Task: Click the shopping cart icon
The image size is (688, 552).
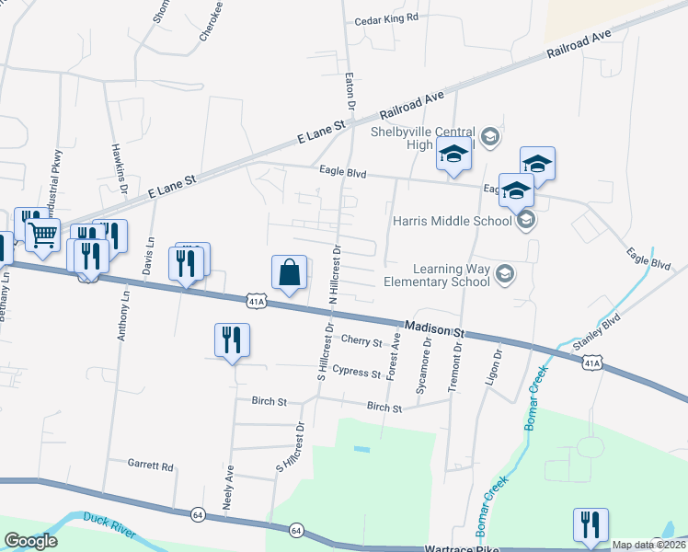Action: point(42,236)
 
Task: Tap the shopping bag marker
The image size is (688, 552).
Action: point(289,272)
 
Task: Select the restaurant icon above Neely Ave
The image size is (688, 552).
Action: point(232,339)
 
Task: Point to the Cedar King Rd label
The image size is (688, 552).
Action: point(387,17)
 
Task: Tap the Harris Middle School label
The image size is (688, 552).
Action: point(452,221)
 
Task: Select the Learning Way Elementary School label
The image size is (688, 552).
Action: point(451,275)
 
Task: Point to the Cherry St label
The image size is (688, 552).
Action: point(361,341)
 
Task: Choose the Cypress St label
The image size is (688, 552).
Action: point(356,374)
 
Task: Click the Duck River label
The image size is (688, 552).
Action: point(109,525)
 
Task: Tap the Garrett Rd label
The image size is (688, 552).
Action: point(151,466)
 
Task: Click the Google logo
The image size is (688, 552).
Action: point(30,541)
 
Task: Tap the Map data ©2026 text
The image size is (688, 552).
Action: point(649,545)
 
